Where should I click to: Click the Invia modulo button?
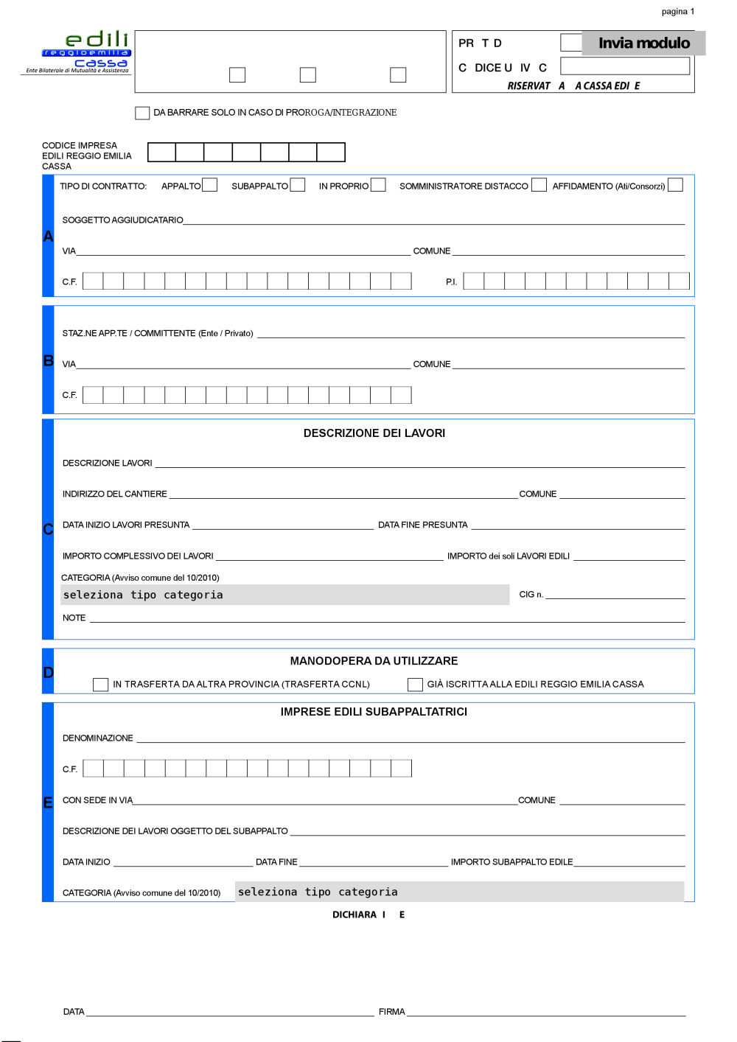(643, 43)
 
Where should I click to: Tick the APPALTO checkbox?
(209, 184)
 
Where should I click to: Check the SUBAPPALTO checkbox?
(298, 184)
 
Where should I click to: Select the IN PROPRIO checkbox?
(378, 184)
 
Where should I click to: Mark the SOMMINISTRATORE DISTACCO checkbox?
(539, 184)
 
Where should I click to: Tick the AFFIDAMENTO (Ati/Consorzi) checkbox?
(675, 184)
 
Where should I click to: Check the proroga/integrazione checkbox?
(142, 113)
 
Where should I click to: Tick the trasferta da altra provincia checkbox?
(100, 685)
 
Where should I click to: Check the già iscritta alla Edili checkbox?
(415, 685)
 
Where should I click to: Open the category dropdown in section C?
(284, 595)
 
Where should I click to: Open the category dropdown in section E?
(459, 892)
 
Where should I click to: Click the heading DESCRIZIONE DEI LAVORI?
(374, 433)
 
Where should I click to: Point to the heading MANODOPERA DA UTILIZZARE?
(374, 661)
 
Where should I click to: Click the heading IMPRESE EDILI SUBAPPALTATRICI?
(374, 712)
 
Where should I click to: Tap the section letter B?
(49, 360)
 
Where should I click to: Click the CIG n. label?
(531, 595)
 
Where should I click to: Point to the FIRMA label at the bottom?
(391, 1012)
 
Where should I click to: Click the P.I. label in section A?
(451, 282)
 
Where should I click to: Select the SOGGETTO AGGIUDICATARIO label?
(122, 220)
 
